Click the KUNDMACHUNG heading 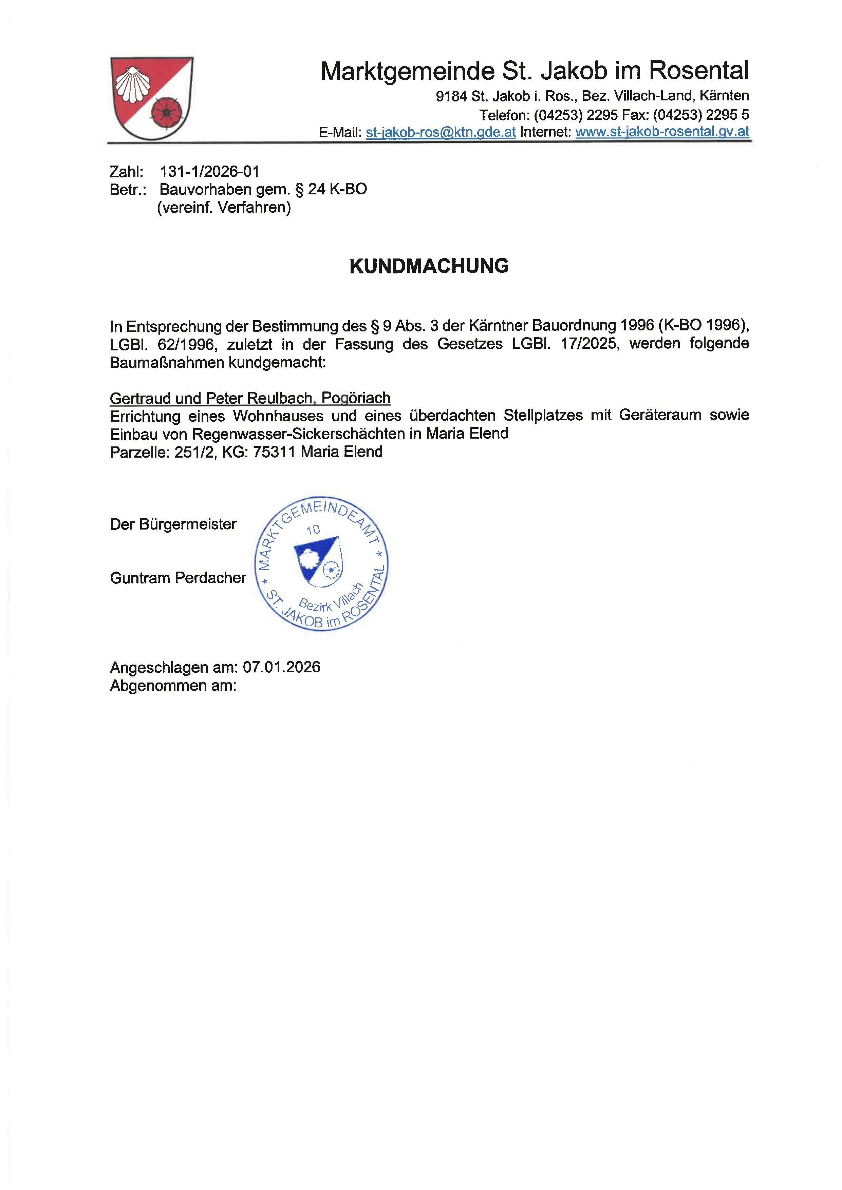tap(429, 266)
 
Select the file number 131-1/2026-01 tap(209, 172)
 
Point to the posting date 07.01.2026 tap(282, 667)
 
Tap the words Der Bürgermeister tap(173, 524)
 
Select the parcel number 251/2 tap(194, 452)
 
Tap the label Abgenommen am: tap(173, 686)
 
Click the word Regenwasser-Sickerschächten tap(299, 434)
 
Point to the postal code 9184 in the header tap(451, 96)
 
